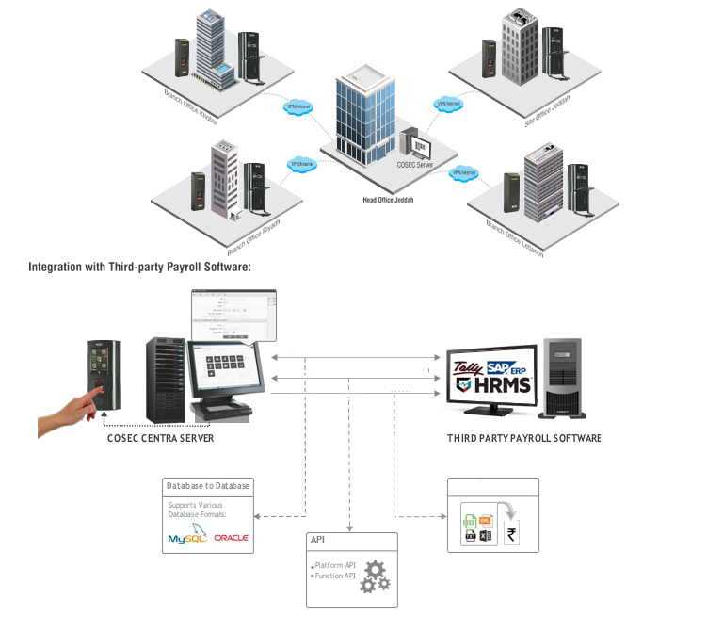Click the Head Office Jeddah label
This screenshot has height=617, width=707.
tap(388, 201)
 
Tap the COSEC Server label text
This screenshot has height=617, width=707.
tap(416, 165)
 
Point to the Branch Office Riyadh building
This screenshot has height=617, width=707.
tap(224, 179)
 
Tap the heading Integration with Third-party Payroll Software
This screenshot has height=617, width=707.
tap(139, 268)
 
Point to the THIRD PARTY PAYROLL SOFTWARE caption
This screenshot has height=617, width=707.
tap(523, 439)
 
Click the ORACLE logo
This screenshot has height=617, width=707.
tap(231, 538)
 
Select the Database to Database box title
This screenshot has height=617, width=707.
tap(207, 486)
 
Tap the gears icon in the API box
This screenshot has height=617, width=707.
tap(374, 576)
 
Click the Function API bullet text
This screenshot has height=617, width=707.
tap(335, 575)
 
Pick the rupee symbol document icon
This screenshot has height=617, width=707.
tap(514, 536)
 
